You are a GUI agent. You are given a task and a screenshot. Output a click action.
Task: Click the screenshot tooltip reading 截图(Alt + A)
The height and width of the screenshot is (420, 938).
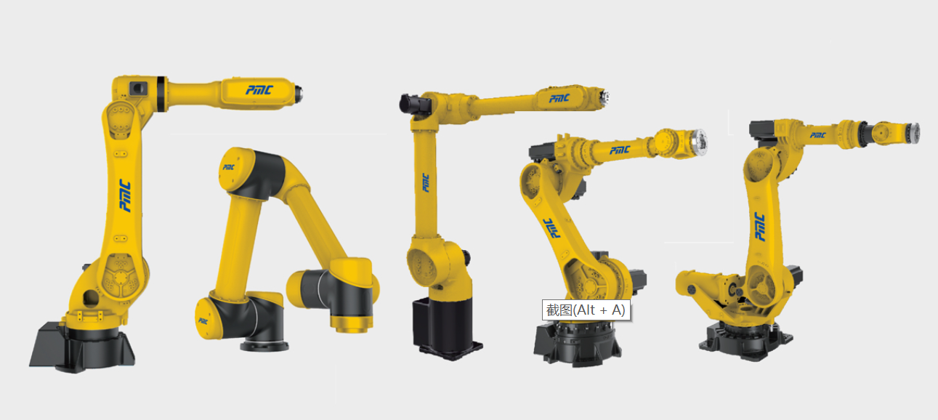[586, 310]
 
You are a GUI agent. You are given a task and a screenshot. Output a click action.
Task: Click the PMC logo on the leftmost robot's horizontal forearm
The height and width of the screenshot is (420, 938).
[259, 90]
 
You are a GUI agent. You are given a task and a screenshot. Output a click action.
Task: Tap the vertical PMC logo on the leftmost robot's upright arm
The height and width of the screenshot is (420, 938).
[125, 195]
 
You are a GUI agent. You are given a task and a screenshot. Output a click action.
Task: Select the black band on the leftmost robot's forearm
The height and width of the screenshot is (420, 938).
[161, 94]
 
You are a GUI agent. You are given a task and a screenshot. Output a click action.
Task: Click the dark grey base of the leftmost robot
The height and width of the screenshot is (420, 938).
[81, 347]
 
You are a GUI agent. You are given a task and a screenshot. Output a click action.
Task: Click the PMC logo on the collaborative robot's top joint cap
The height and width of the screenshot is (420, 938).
[229, 167]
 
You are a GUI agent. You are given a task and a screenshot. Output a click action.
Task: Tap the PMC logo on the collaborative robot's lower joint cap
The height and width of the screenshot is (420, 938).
[203, 320]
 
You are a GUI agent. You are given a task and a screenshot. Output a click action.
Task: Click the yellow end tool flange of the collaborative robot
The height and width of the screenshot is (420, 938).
[352, 323]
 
